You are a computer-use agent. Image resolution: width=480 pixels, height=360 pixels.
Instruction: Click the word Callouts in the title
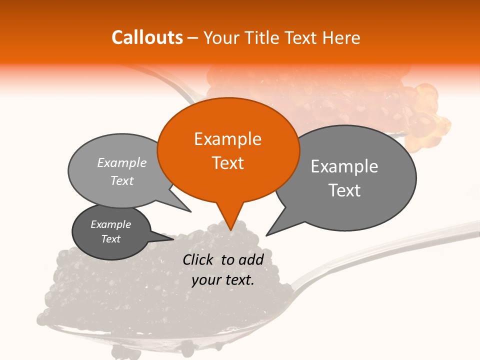(x=147, y=37)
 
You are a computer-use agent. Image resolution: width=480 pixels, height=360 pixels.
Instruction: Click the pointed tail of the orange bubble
(x=230, y=220)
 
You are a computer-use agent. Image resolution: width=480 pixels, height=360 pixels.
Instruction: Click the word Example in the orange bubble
(x=227, y=139)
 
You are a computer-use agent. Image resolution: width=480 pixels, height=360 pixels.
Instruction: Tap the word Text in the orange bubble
(x=227, y=163)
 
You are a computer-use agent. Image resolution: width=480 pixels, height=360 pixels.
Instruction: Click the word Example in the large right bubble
(x=344, y=166)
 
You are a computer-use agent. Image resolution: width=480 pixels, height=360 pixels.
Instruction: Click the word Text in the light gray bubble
(x=121, y=180)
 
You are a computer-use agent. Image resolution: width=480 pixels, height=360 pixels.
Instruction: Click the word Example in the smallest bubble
(x=110, y=224)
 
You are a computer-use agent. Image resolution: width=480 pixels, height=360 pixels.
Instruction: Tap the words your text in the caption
(x=223, y=280)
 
